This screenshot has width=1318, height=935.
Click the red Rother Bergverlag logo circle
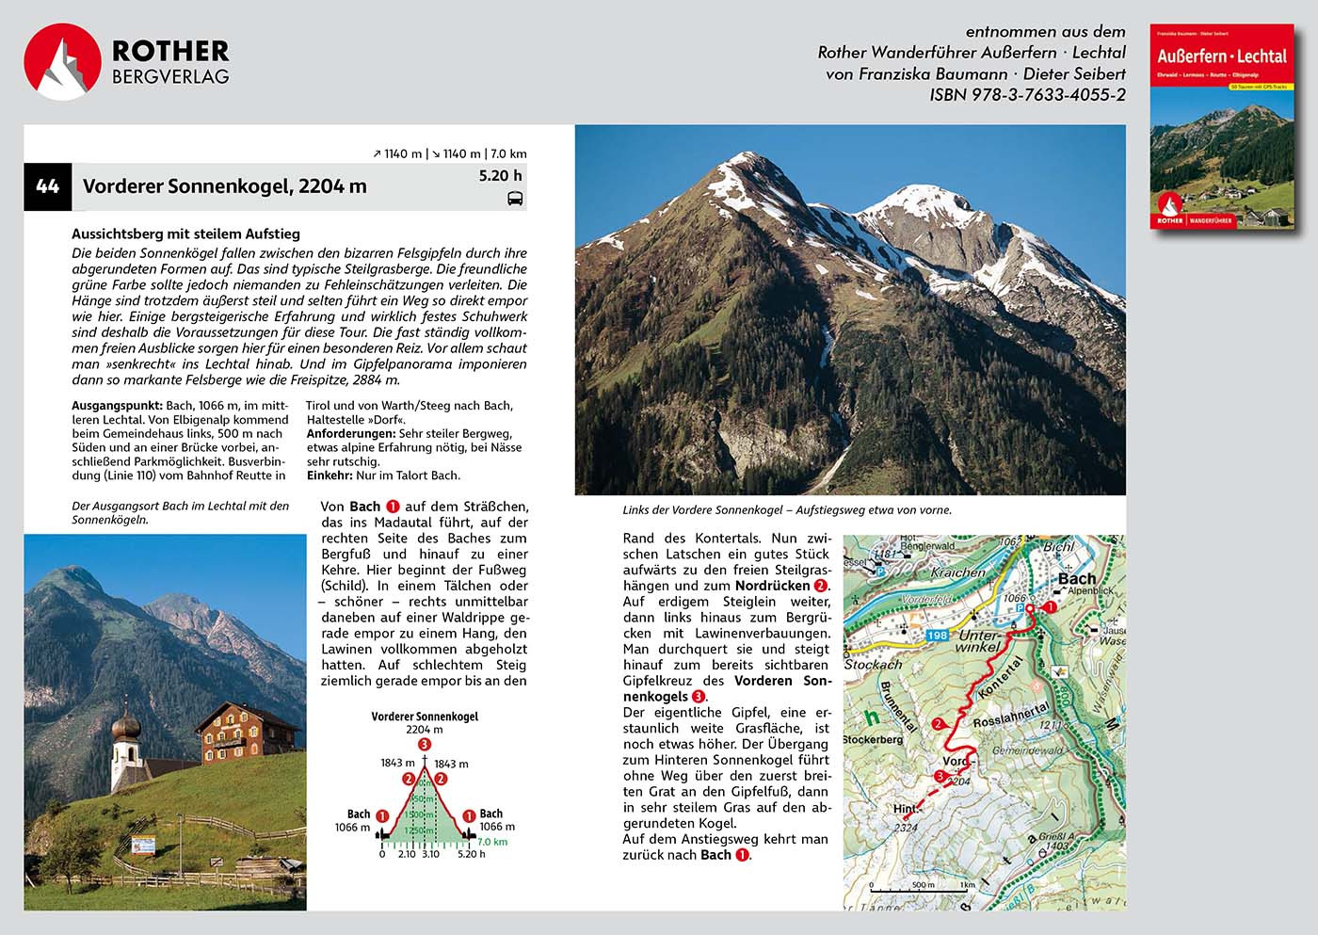pyautogui.click(x=62, y=62)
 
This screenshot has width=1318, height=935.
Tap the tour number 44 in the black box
pyautogui.click(x=47, y=186)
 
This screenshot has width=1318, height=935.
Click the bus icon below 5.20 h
pyautogui.click(x=515, y=199)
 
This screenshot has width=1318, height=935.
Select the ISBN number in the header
pyautogui.click(x=1027, y=95)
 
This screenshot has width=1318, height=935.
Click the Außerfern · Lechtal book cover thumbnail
pyautogui.click(x=1222, y=127)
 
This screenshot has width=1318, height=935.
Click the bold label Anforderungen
pyautogui.click(x=350, y=434)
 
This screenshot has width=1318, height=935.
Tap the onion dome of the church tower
pyautogui.click(x=125, y=727)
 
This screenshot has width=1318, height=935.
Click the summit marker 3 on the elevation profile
pyautogui.click(x=425, y=745)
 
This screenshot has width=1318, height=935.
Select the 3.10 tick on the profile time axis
pyautogui.click(x=430, y=854)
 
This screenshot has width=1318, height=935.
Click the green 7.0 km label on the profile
pyautogui.click(x=492, y=842)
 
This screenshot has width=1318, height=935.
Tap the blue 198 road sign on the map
pyautogui.click(x=937, y=636)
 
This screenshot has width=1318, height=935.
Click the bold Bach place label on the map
pyautogui.click(x=1077, y=579)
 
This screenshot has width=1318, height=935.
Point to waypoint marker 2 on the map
pyautogui.click(x=938, y=724)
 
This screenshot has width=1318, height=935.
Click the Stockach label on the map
pyautogui.click(x=873, y=664)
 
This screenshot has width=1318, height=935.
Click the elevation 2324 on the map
pyautogui.click(x=905, y=828)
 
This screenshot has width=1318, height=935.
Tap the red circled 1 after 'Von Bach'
pyautogui.click(x=393, y=507)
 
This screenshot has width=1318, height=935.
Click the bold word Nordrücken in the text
pyautogui.click(x=772, y=586)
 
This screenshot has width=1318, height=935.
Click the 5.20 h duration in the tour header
pyautogui.click(x=500, y=175)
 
